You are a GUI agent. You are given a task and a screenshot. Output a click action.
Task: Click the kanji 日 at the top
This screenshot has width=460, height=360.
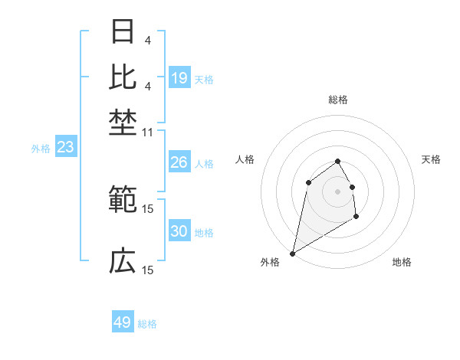123,32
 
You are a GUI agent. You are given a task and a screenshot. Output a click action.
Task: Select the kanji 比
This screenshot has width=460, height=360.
123,77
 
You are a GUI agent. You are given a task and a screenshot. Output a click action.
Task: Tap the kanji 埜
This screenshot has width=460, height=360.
123,120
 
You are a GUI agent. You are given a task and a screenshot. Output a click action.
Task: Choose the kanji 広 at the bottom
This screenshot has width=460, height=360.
123,260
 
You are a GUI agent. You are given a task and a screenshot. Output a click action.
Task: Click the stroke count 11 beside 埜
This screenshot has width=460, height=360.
148,133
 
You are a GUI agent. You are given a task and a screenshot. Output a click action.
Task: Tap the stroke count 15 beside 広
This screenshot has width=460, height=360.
148,270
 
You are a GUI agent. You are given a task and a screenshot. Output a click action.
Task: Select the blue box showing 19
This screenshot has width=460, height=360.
179,78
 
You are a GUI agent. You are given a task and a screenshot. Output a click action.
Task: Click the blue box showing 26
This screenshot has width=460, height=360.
179,162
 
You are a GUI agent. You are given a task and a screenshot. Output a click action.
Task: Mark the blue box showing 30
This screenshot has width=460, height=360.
179,231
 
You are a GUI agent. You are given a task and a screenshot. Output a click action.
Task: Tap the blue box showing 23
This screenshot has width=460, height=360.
65,148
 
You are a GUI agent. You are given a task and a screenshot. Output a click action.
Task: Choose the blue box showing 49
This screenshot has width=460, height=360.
123,322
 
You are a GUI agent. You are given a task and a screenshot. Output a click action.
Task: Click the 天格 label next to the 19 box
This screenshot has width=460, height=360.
204,79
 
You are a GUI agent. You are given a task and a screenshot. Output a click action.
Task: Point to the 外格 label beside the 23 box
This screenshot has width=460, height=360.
41,149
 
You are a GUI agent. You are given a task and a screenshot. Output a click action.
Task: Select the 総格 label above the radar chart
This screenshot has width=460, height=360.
338,100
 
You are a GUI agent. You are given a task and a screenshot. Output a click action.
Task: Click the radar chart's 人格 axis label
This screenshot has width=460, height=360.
245,159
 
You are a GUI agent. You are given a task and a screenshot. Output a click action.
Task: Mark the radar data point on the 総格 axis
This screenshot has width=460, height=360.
337,161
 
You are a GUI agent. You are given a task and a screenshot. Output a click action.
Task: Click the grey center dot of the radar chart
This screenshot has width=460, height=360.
337,191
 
